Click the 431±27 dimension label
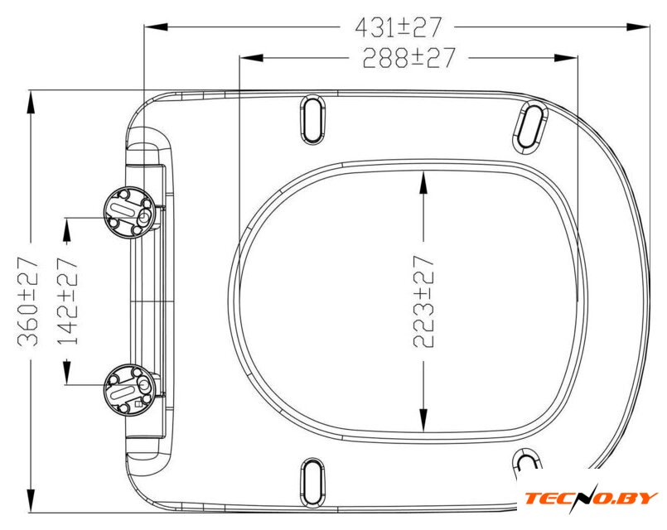click(399, 27)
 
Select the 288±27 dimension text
click(408, 58)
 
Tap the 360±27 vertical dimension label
click(28, 301)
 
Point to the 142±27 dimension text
click(68, 301)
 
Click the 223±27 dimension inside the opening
click(423, 301)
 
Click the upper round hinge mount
click(130, 212)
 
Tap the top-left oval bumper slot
click(312, 119)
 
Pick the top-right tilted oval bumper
click(530, 127)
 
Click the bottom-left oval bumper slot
click(312, 484)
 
